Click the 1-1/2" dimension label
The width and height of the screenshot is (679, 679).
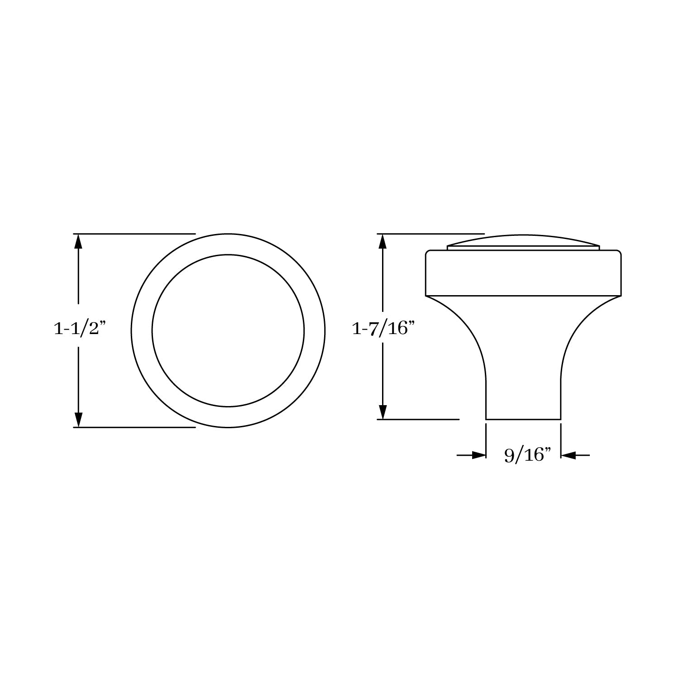pyautogui.click(x=80, y=330)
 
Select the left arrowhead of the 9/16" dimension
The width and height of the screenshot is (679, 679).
pyautogui.click(x=479, y=455)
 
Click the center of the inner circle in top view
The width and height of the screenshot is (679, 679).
pyautogui.click(x=228, y=330)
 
